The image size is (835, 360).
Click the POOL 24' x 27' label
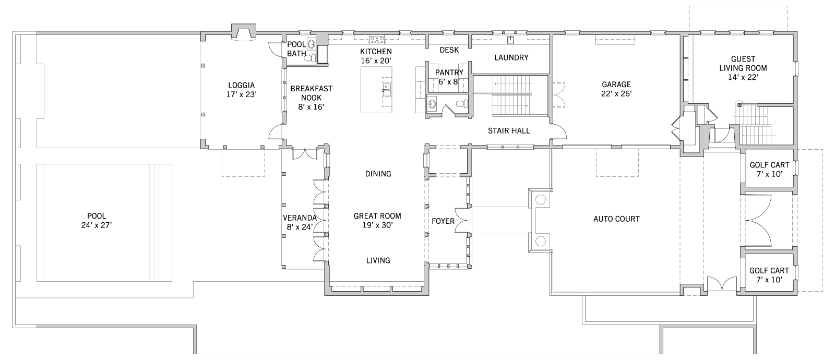tap(97, 221)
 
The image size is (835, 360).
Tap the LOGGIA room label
tap(242, 90)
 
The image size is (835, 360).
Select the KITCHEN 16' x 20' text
tap(376, 56)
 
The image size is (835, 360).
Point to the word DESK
tap(449, 50)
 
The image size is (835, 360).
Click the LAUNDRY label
tap(511, 57)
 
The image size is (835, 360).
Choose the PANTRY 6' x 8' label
tap(449, 77)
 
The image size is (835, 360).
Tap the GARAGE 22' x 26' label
tap(616, 89)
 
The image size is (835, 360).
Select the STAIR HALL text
tap(509, 131)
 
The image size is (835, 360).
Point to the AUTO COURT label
tap(616, 219)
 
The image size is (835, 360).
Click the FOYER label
tap(443, 221)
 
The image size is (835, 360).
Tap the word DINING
tap(378, 174)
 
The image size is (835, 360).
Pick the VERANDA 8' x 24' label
tap(300, 222)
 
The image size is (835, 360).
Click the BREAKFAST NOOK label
tap(311, 98)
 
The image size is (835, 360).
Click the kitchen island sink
tap(387, 87)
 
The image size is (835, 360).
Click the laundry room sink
tap(511, 40)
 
